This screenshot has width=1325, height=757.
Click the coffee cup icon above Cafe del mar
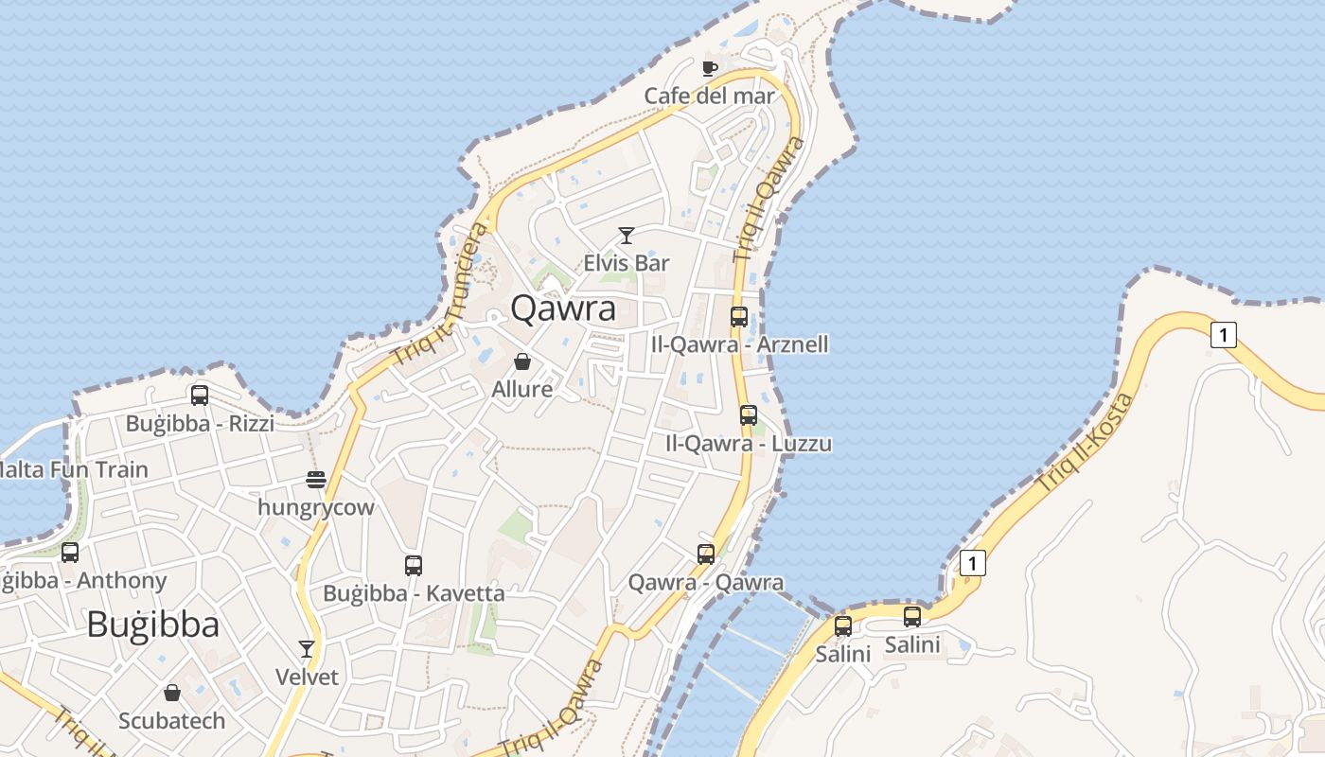coord(710,68)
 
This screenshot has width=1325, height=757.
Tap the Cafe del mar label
coord(709,96)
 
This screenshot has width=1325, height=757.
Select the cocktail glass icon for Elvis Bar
coord(626,236)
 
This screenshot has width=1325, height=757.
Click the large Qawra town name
coord(563,308)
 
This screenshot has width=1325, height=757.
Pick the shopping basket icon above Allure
coord(522,361)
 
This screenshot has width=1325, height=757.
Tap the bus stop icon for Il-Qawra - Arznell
coord(739,317)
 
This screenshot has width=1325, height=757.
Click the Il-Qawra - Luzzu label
coord(748,443)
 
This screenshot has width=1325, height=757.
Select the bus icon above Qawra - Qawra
coord(706,555)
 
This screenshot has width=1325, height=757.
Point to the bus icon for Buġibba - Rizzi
coord(200,396)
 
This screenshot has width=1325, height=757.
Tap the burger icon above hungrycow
coord(316,480)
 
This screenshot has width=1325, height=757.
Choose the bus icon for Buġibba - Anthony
coord(70,553)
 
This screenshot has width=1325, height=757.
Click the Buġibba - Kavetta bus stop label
coord(414,593)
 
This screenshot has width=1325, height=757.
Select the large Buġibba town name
coord(152,625)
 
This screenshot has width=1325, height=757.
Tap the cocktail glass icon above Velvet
coord(307,649)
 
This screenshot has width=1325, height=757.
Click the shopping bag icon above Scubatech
coord(172,694)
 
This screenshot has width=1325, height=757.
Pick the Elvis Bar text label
coord(626,263)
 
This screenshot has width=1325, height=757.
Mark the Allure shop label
coord(522,389)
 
